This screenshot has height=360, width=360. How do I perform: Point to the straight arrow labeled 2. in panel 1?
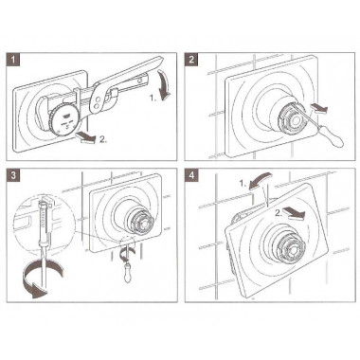87,137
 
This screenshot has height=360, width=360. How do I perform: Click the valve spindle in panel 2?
290,118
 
